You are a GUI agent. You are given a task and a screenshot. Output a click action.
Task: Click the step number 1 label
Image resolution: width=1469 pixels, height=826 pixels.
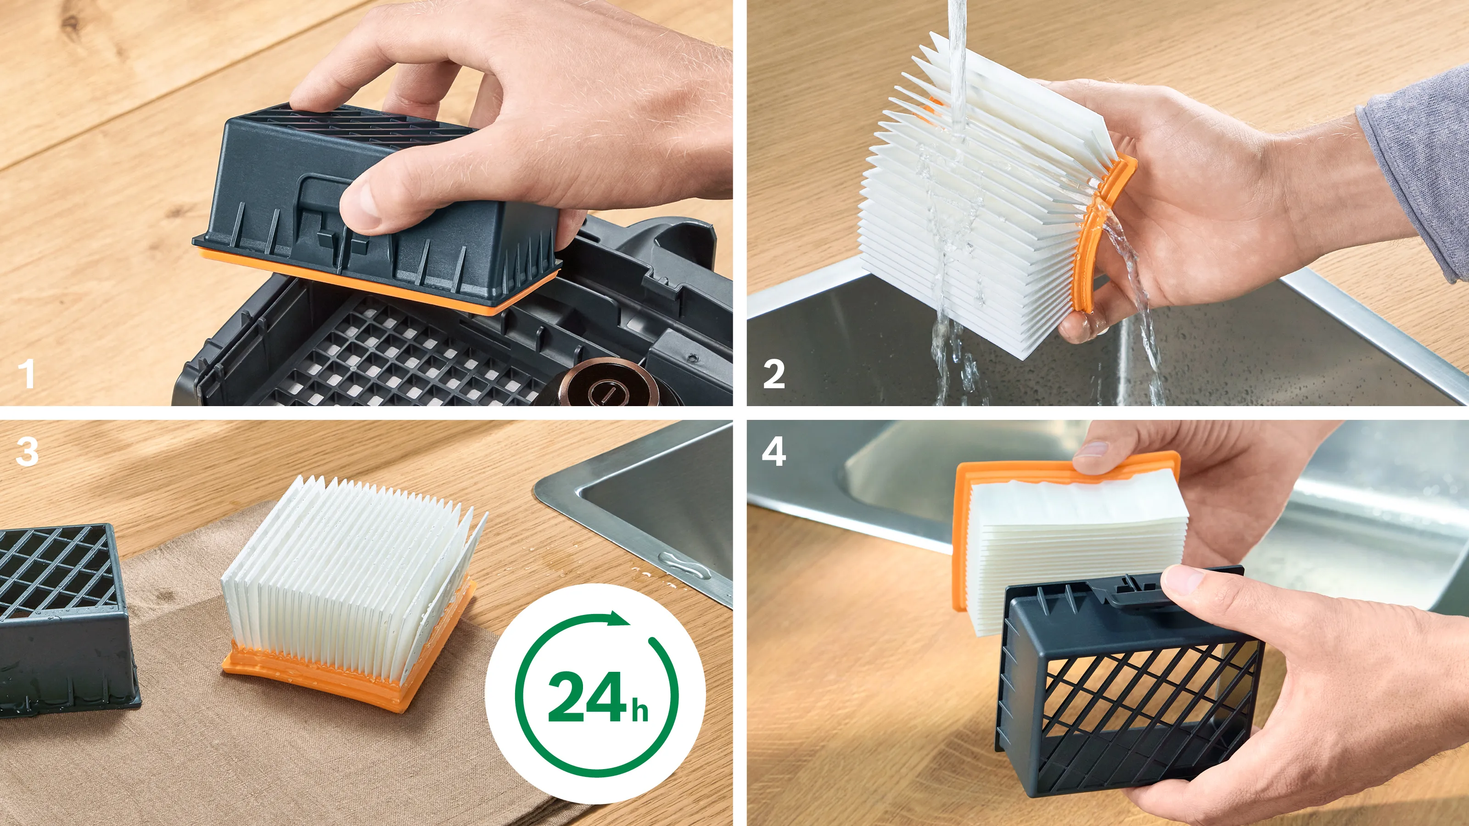tap(26, 374)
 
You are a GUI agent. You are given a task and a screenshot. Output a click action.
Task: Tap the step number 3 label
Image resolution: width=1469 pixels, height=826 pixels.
tap(27, 452)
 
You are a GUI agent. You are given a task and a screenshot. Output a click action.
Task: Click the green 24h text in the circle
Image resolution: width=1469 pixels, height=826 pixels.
tap(596, 697)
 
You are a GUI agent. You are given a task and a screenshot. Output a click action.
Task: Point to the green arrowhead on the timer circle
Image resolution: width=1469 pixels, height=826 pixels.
tap(618, 619)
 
